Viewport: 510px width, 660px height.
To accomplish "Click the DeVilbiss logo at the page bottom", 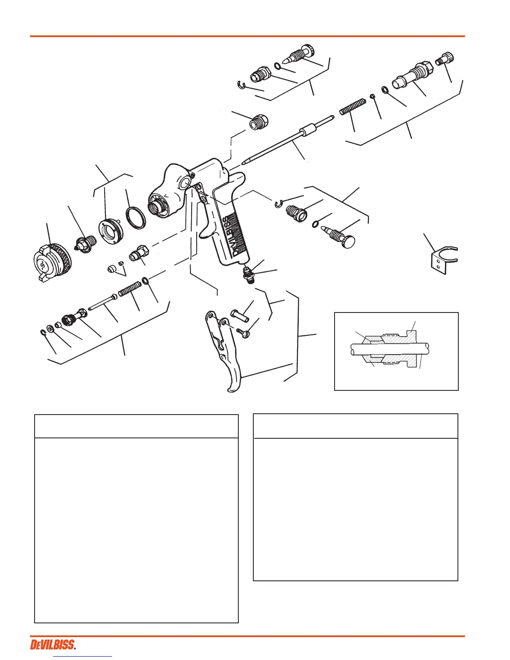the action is point(53,645).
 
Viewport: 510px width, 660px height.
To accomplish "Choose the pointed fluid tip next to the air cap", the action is point(86,243).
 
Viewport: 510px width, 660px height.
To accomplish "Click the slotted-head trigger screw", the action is point(242,332).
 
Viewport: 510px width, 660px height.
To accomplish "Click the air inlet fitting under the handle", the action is point(248,275).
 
